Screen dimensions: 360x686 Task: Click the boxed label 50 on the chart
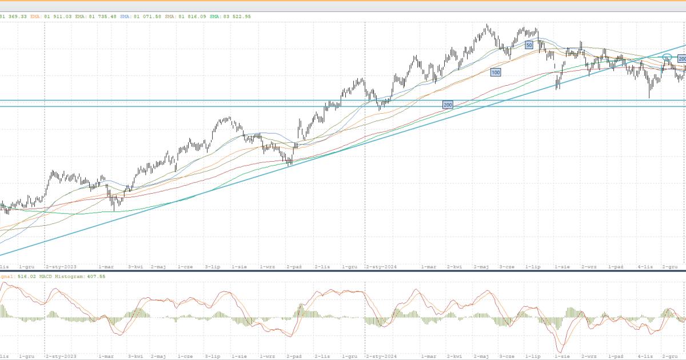(x=529, y=44)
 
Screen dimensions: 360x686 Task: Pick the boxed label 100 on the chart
(x=495, y=72)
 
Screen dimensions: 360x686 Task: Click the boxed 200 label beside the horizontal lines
(x=448, y=105)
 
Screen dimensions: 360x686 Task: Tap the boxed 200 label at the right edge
(x=682, y=59)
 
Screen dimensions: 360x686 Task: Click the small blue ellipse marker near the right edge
(x=667, y=57)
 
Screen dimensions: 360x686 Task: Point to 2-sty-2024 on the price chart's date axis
(x=381, y=267)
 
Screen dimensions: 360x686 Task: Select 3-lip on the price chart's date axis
(x=213, y=267)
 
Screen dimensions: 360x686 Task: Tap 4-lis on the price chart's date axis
(x=645, y=267)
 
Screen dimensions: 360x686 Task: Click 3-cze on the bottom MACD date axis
(x=507, y=356)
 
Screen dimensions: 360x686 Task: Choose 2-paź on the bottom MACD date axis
(x=294, y=356)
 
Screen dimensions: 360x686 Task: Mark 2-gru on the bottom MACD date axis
(x=669, y=356)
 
